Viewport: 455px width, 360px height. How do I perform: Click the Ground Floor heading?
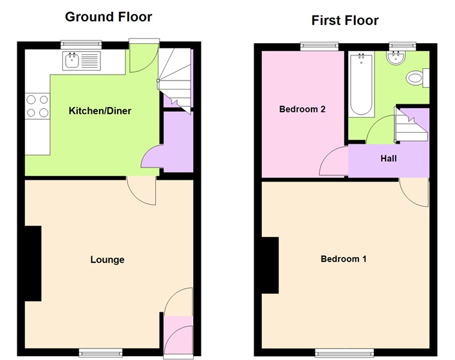[x=108, y=16]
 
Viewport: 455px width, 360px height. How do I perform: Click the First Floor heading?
[x=345, y=21]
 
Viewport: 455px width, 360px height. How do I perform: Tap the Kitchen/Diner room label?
[x=100, y=111]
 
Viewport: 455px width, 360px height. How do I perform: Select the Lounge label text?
[x=107, y=260]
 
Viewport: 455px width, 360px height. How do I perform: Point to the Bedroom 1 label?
[x=344, y=259]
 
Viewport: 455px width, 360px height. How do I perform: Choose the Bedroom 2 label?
[x=302, y=109]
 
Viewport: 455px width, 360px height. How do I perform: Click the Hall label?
[x=389, y=158]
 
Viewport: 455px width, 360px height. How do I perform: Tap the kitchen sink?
[x=80, y=61]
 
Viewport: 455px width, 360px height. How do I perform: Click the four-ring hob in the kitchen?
[x=37, y=106]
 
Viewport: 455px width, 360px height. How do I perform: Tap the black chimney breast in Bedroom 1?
[x=270, y=264]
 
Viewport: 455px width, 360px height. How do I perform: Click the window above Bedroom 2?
[x=320, y=45]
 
